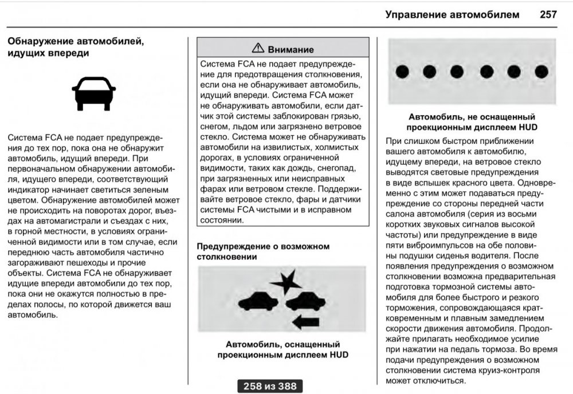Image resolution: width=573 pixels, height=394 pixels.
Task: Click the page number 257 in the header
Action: [x=548, y=14]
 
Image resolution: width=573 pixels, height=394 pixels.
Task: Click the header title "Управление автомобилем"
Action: [x=452, y=14]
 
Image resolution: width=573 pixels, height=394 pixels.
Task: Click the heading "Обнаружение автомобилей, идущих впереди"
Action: [x=74, y=47]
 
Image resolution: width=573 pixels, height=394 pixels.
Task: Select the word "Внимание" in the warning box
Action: [x=291, y=49]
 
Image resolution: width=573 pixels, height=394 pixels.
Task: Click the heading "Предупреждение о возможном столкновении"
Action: [x=263, y=251]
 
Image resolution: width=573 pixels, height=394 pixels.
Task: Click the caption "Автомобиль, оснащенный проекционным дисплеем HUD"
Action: [x=282, y=349]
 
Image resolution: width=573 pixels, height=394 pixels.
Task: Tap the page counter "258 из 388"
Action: [x=270, y=387]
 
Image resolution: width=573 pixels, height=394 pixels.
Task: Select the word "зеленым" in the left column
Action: [x=154, y=190]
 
